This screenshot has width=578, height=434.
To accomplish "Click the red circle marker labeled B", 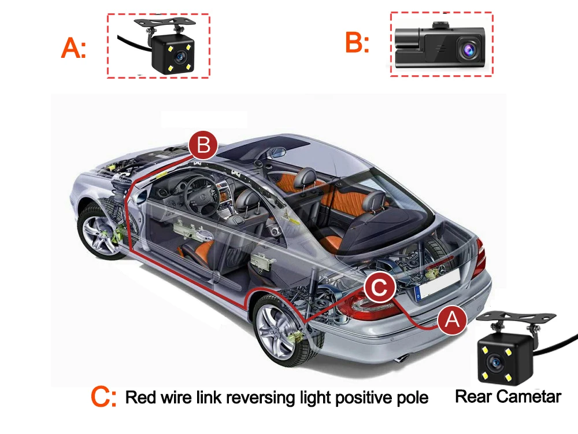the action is tap(203, 145).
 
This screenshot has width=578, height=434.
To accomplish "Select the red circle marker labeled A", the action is tap(452, 319).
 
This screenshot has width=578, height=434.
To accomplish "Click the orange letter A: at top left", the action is tap(73, 49).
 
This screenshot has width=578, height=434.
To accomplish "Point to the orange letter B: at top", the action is tap(357, 43).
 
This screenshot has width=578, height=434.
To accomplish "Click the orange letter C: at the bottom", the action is tap(104, 397).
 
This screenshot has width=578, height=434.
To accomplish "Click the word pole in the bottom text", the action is tap(412, 398).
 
